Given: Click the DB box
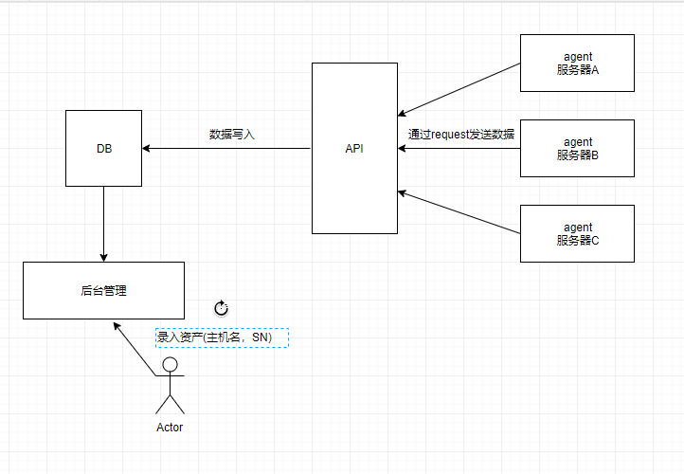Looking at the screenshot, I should [x=103, y=148].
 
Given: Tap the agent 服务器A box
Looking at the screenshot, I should [x=577, y=63].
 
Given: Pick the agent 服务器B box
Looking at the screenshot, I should [x=577, y=148].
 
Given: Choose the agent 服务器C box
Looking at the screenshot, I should [x=577, y=233].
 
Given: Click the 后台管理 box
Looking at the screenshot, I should [x=103, y=290].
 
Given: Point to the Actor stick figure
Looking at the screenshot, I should [x=170, y=389].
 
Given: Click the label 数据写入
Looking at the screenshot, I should [x=232, y=135].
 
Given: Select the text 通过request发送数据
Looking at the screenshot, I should [x=461, y=135].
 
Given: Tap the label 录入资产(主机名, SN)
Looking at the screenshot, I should [x=222, y=337].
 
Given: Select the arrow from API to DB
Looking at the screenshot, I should [x=227, y=148].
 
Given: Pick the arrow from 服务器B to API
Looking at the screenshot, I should [x=459, y=148].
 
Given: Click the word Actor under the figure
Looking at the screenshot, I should [x=170, y=428].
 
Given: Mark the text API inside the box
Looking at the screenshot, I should [x=354, y=149].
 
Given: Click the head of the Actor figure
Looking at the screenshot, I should [x=170, y=364].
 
